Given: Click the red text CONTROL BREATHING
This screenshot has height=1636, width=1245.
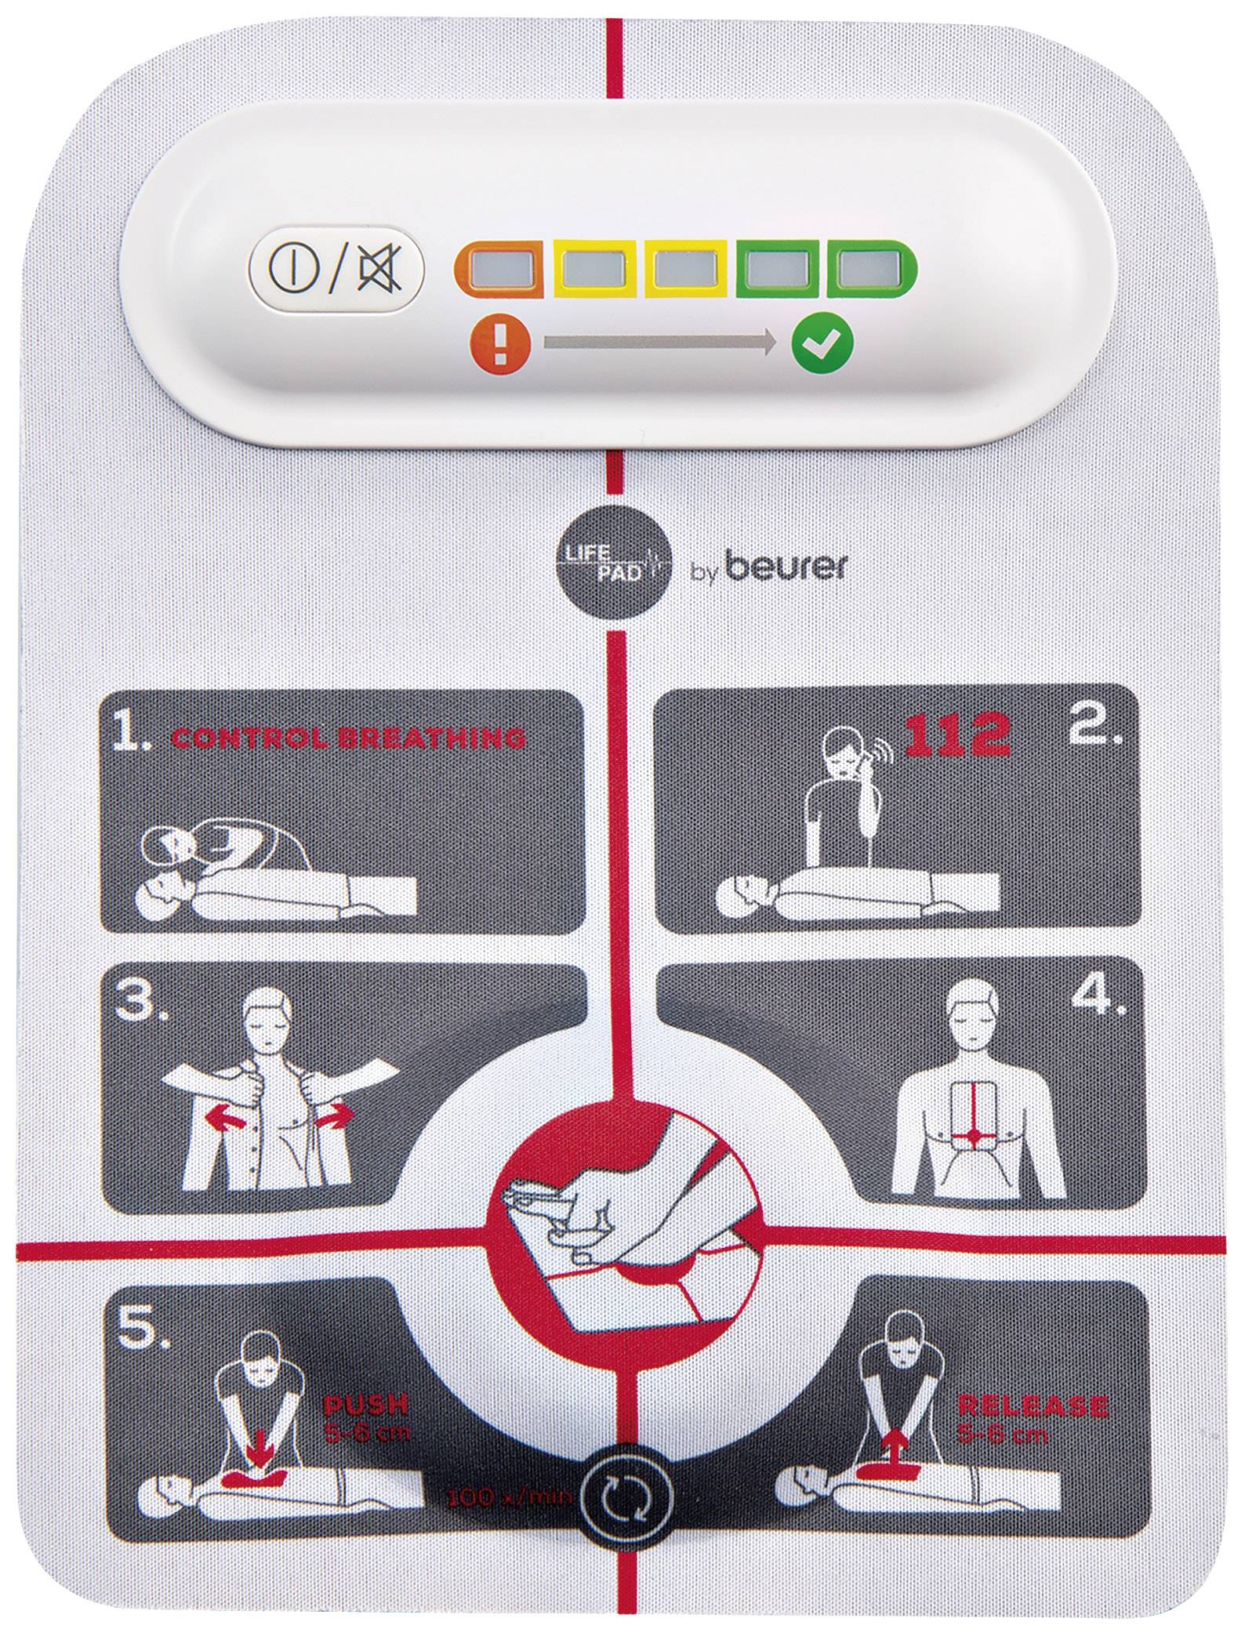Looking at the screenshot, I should pyautogui.click(x=348, y=738).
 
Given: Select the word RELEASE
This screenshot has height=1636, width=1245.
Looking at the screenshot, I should pyautogui.click(x=1032, y=1406).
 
